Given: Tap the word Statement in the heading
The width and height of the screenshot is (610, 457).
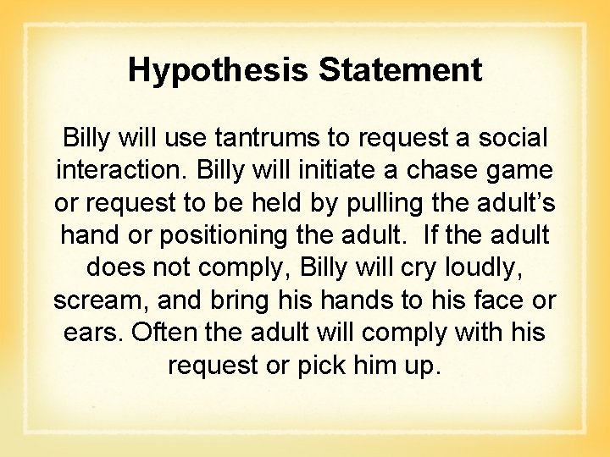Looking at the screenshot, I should pyautogui.click(x=400, y=69).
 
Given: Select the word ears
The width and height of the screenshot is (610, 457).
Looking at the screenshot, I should pyautogui.click(x=93, y=333).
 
